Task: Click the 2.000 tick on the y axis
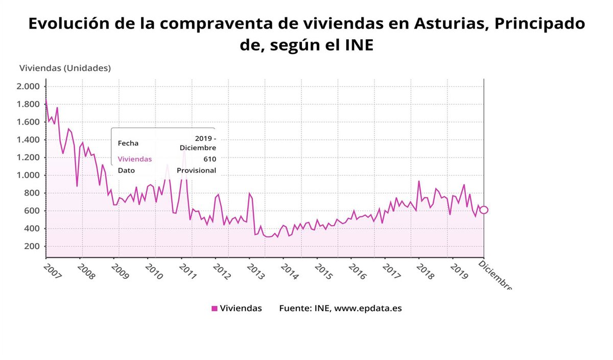click(x=28, y=86)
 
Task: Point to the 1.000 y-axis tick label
click(x=28, y=175)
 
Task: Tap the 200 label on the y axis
click(x=32, y=246)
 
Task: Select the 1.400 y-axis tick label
click(x=28, y=139)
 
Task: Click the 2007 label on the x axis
click(x=52, y=270)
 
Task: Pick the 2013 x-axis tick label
click(x=255, y=270)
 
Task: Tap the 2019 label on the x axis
click(x=459, y=270)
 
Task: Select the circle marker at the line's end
click(x=484, y=210)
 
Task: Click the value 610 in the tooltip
click(x=209, y=159)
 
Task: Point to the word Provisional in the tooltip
click(x=196, y=171)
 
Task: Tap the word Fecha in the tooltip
click(x=128, y=143)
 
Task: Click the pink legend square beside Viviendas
click(x=215, y=308)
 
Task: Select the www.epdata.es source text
click(x=368, y=308)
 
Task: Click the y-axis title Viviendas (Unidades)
click(x=65, y=68)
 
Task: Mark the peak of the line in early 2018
click(x=419, y=181)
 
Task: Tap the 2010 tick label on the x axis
click(x=154, y=270)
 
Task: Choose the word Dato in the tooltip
click(x=126, y=171)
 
